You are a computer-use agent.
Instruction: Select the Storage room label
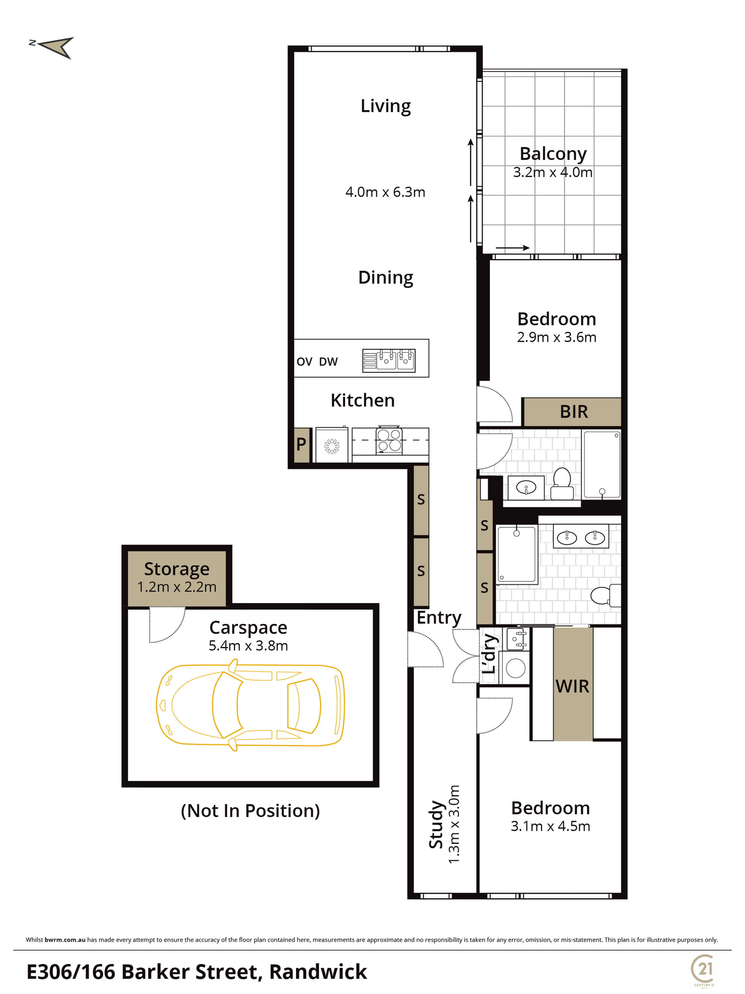pyautogui.click(x=177, y=569)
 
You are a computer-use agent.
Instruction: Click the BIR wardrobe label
pyautogui.click(x=573, y=412)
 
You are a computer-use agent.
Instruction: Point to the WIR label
pyautogui.click(x=572, y=686)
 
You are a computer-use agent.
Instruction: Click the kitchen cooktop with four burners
pyautogui.click(x=389, y=440)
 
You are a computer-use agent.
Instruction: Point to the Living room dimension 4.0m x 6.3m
pyautogui.click(x=385, y=192)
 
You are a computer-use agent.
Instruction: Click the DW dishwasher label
pyautogui.click(x=329, y=362)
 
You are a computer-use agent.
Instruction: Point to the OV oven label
pyautogui.click(x=304, y=362)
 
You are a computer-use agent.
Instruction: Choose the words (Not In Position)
pyautogui.click(x=250, y=811)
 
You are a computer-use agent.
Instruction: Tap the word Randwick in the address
pyautogui.click(x=318, y=972)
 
